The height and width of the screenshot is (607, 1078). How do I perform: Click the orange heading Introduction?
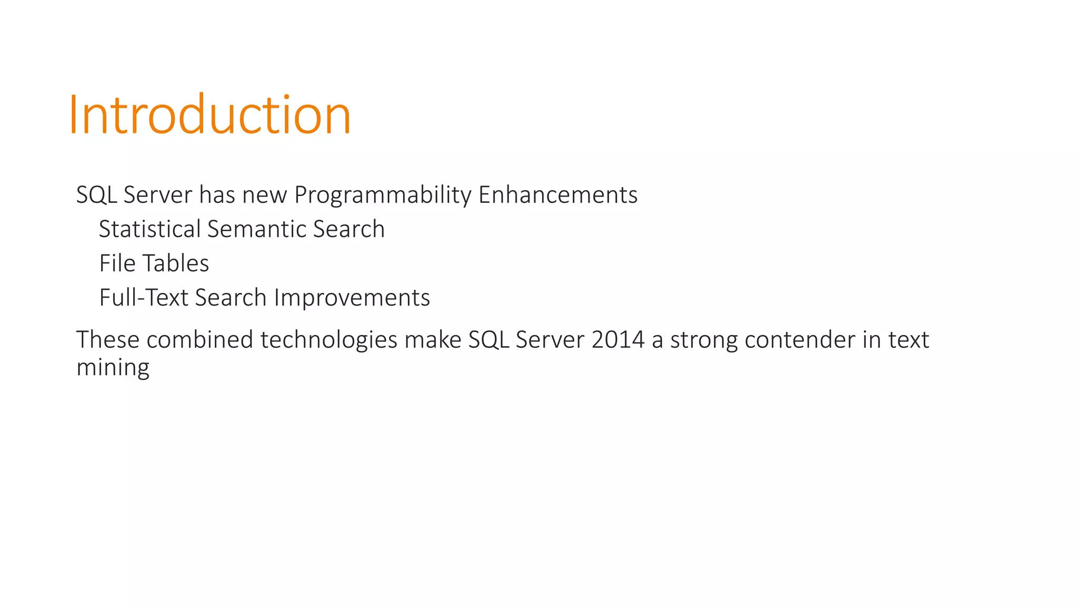coord(209,115)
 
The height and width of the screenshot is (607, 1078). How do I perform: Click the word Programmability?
coord(383,195)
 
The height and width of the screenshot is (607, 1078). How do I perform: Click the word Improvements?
coord(352,298)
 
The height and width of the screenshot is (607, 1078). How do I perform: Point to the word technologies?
coord(329,340)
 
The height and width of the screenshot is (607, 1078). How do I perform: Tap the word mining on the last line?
coord(113,368)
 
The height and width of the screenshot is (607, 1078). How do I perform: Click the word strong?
coord(704,340)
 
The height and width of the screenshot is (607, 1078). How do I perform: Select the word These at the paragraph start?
coord(108,340)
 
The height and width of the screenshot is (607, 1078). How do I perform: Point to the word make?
coord(433,340)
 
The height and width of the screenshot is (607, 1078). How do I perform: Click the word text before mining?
coord(909,340)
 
